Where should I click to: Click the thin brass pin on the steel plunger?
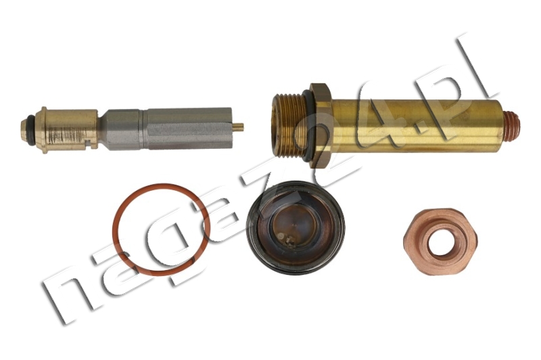point(238,127)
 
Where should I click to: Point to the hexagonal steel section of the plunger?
point(125,130)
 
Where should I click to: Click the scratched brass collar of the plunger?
point(66,130)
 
